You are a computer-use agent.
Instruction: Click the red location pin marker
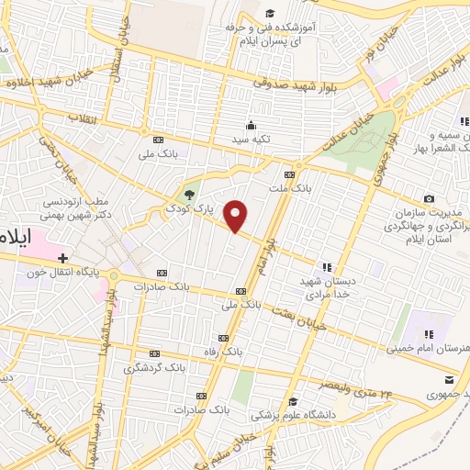click(x=237, y=216)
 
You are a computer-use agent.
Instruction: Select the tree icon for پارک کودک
click(x=189, y=194)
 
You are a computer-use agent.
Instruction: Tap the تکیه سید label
click(x=251, y=139)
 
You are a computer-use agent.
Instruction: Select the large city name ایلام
click(x=17, y=235)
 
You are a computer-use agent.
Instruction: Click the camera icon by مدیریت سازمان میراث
click(x=429, y=199)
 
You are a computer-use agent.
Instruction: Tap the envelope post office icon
click(x=449, y=380)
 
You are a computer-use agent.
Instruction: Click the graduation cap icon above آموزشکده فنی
click(x=270, y=13)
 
